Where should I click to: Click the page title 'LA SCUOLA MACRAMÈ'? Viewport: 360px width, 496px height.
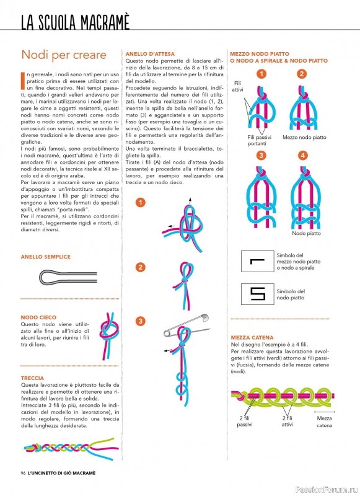tap(75, 22)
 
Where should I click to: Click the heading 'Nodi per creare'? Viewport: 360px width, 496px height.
tap(64, 55)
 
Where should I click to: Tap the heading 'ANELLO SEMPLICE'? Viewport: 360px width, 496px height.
tap(45, 257)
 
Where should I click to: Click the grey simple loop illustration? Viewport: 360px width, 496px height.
tap(68, 277)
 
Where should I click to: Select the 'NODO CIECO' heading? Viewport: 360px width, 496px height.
tap(38, 317)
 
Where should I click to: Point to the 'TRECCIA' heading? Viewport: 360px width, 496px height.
tap(32, 378)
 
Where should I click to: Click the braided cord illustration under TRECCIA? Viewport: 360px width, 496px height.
tap(71, 448)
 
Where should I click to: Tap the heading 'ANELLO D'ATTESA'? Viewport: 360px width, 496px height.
tap(150, 54)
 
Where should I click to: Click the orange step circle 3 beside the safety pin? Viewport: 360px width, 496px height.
tap(140, 321)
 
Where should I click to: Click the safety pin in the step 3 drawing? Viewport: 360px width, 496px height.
tap(187, 325)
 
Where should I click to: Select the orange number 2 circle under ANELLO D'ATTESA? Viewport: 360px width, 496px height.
tap(140, 267)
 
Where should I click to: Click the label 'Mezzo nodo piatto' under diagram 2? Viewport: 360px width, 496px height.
tap(304, 137)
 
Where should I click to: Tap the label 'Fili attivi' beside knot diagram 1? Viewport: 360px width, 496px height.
tap(237, 86)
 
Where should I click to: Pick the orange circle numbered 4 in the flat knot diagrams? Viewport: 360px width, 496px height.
tap(303, 156)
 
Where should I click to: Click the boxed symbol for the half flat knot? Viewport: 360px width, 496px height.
tap(258, 261)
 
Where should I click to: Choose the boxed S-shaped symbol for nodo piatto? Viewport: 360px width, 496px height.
tap(258, 294)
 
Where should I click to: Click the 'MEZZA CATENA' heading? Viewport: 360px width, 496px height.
tap(252, 337)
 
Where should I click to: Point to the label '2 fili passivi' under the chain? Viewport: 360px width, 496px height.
tap(244, 422)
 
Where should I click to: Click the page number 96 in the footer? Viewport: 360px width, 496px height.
tap(23, 473)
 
